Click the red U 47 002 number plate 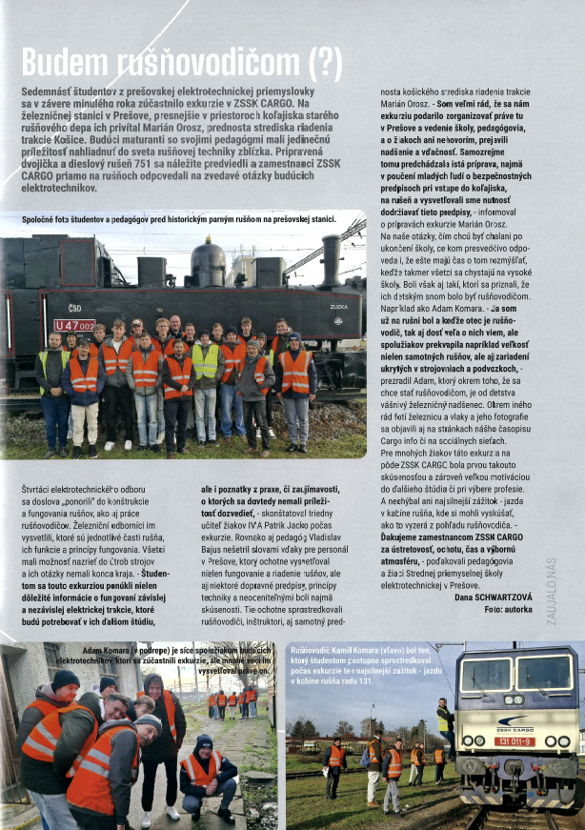click(74, 325)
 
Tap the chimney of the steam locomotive click(331, 259)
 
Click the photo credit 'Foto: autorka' click(509, 608)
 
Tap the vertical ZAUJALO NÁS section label click(551, 591)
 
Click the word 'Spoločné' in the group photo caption click(41, 219)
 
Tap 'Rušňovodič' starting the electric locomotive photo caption click(313, 648)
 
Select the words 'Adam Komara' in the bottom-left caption click(105, 649)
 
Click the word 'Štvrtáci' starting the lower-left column click(37, 488)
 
